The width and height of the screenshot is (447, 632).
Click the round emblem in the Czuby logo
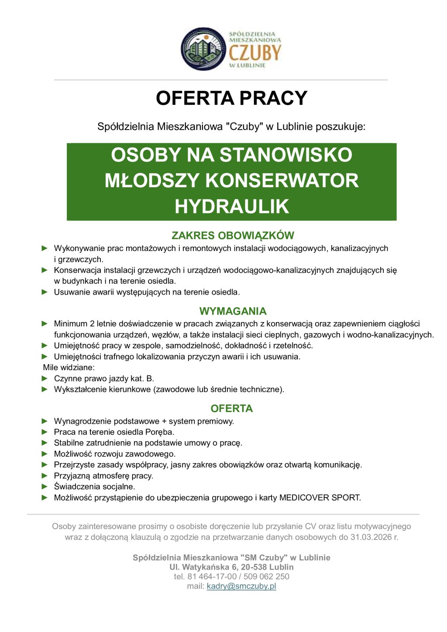[203, 49]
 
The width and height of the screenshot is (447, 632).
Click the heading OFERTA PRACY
[231, 98]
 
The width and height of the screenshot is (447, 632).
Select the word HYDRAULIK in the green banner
[232, 206]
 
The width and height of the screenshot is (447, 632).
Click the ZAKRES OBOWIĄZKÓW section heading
[233, 236]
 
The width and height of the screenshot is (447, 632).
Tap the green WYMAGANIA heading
[233, 311]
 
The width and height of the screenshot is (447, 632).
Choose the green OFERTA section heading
[231, 409]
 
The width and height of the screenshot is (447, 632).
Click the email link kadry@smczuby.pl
[241, 586]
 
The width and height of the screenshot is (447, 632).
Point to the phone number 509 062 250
[266, 577]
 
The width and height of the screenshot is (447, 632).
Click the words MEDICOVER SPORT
[320, 498]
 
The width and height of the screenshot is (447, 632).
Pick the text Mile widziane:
[69, 368]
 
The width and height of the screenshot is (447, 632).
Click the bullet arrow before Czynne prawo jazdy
[45, 378]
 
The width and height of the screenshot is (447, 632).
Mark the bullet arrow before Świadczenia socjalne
[45, 486]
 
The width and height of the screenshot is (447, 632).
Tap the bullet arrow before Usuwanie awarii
[45, 292]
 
